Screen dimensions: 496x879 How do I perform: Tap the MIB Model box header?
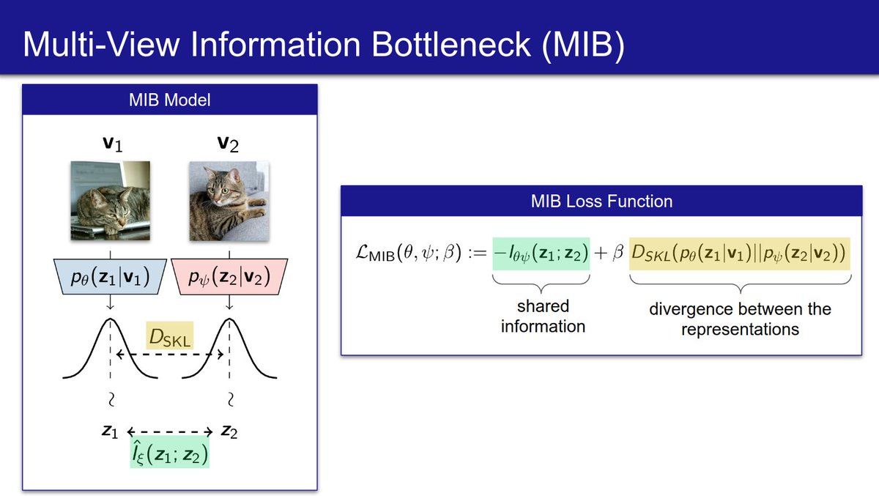tap(169, 100)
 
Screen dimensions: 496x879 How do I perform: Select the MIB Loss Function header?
tap(601, 199)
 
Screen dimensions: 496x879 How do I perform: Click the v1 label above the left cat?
tap(111, 144)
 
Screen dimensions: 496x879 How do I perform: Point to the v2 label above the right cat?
tap(229, 144)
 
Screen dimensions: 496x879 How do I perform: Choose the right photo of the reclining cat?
tap(229, 201)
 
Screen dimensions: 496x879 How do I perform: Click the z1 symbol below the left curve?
tap(110, 432)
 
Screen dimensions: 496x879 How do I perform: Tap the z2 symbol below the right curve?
tap(229, 432)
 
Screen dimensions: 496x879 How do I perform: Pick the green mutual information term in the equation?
tap(541, 253)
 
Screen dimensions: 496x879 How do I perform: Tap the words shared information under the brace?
tap(543, 316)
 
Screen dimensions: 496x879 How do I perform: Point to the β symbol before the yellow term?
tap(617, 254)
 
